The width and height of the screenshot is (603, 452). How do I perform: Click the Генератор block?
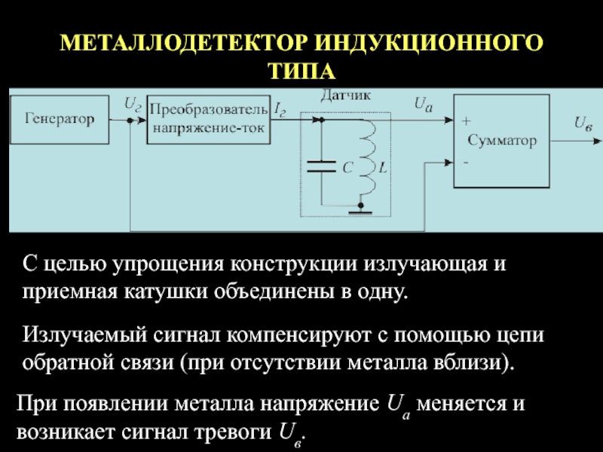(x=63, y=118)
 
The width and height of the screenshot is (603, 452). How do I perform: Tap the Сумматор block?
(x=501, y=141)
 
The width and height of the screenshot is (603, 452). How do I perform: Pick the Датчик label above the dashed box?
(x=346, y=96)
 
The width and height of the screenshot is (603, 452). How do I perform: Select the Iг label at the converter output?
(x=280, y=110)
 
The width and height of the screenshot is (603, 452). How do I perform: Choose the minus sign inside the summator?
(x=464, y=161)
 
